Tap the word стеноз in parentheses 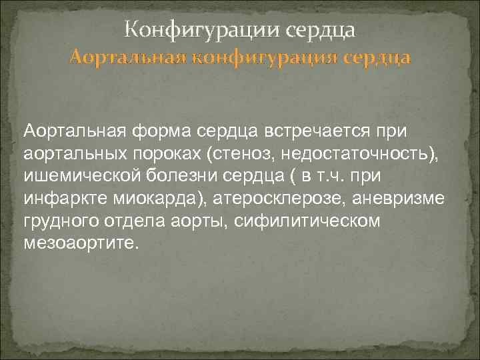click(242, 155)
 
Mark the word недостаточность click(357, 155)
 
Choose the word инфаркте click(59, 200)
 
